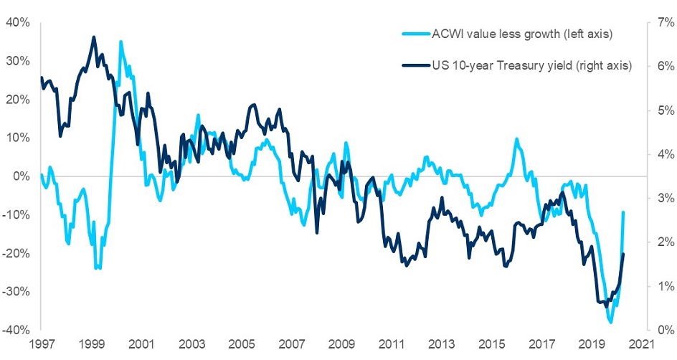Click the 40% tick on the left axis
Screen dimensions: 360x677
16,22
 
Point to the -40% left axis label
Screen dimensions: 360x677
15,330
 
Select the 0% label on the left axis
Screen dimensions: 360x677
21,176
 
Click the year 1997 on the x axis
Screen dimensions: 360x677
40,344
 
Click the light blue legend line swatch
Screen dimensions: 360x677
415,34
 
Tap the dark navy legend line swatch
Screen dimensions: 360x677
415,65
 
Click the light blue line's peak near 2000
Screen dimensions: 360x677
120,42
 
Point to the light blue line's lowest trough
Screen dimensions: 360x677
611,323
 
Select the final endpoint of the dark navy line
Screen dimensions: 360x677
623,254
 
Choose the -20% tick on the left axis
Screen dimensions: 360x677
15,253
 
